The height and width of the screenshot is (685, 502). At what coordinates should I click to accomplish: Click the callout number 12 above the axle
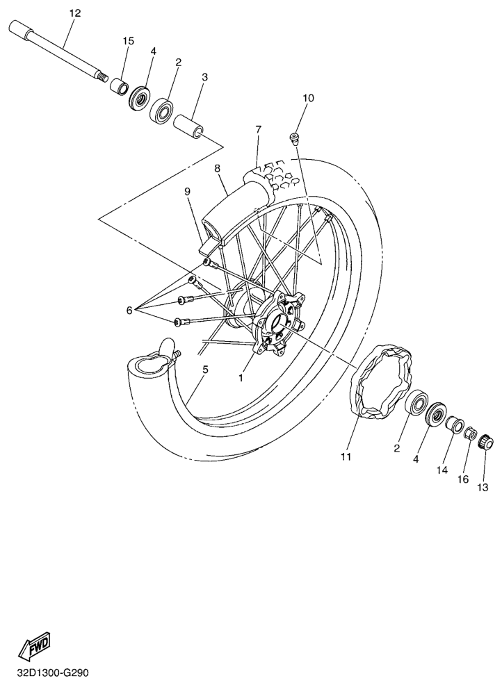click(x=75, y=13)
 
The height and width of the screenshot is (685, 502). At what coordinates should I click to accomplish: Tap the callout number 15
click(x=128, y=41)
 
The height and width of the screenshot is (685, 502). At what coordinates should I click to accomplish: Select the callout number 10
click(x=308, y=98)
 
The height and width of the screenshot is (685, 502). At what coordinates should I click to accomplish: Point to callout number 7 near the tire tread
click(x=259, y=129)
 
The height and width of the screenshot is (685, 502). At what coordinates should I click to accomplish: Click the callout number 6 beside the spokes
click(x=129, y=310)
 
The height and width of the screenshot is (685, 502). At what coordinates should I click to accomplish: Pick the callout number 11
click(x=346, y=457)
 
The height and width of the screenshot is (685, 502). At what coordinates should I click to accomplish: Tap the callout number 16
click(x=463, y=479)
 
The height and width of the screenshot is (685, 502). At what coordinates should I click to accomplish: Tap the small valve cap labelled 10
click(x=295, y=138)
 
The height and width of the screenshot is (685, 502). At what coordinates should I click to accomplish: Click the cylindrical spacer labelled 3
click(x=188, y=124)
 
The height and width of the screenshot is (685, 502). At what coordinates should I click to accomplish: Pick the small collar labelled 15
click(x=118, y=85)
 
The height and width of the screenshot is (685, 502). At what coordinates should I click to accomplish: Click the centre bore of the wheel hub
click(x=278, y=324)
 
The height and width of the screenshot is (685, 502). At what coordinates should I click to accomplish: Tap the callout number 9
click(x=188, y=191)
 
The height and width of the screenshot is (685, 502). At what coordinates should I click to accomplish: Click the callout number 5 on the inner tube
click(x=205, y=370)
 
